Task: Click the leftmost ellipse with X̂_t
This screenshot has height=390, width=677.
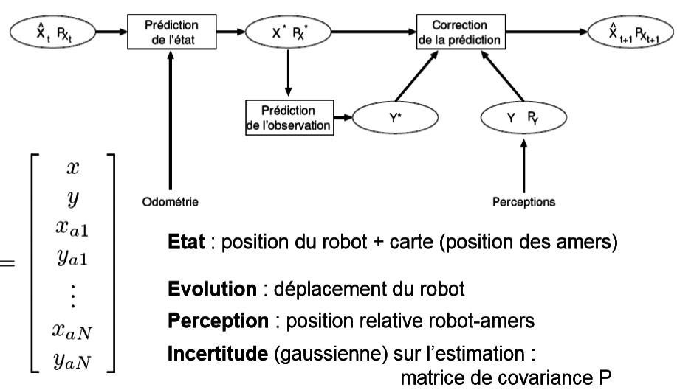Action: (47, 32)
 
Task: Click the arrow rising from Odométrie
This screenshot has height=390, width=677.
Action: (171, 125)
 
